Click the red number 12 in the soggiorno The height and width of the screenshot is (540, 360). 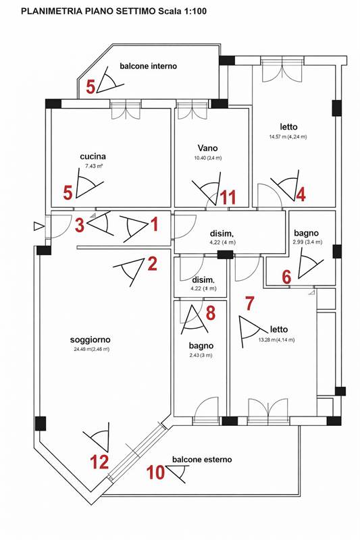pyautogui.click(x=99, y=462)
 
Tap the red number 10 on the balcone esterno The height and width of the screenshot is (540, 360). pyautogui.click(x=156, y=472)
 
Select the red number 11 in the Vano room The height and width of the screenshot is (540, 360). pyautogui.click(x=228, y=198)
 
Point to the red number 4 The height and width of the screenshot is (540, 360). pyautogui.click(x=301, y=194)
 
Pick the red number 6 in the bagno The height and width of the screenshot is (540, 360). pyautogui.click(x=286, y=277)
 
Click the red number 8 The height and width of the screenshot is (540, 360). pyautogui.click(x=211, y=313)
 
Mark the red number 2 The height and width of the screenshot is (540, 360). pyautogui.click(x=152, y=263)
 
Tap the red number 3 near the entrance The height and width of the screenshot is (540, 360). pyautogui.click(x=80, y=225)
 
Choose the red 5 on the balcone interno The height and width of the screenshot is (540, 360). pyautogui.click(x=91, y=87)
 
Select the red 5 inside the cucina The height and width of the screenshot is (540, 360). pyautogui.click(x=68, y=192)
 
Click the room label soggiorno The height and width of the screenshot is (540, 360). pyautogui.click(x=91, y=340)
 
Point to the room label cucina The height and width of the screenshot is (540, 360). pyautogui.click(x=93, y=157)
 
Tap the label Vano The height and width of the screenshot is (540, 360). pyautogui.click(x=208, y=148)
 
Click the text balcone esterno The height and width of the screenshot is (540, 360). pyautogui.click(x=202, y=460)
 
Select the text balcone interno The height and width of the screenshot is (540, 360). pyautogui.click(x=148, y=65)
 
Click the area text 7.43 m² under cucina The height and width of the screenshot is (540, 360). pyautogui.click(x=95, y=166)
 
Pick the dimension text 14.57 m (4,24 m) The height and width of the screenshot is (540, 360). pyautogui.click(x=288, y=137)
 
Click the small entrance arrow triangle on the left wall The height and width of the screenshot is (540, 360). pyautogui.click(x=39, y=226)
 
